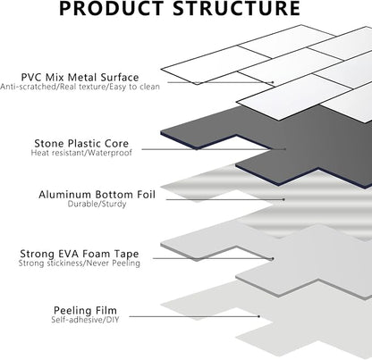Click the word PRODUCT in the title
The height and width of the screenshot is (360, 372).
[112, 8]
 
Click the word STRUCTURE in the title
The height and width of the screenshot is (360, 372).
[237, 8]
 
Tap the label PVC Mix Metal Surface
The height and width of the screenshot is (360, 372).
[80, 78]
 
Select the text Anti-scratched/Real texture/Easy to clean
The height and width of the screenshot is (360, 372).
[80, 87]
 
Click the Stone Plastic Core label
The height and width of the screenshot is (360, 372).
[81, 144]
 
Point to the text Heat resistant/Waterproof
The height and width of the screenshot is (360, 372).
[81, 153]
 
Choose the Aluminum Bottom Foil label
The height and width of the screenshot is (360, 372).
[97, 195]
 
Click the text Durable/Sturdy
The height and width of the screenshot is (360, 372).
[97, 205]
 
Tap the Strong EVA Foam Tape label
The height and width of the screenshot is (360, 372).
[80, 254]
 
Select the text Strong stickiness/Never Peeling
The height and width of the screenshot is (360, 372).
[80, 264]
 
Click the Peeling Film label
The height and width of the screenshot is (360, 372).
[85, 311]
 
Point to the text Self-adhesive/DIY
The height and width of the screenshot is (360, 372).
[85, 320]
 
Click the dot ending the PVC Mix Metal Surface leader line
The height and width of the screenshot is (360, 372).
[273, 82]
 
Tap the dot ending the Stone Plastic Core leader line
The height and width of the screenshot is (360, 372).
[285, 149]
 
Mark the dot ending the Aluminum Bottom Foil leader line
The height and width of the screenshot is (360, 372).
[284, 199]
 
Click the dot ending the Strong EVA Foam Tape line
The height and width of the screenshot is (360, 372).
[273, 259]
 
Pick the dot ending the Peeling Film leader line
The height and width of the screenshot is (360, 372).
[259, 316]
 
